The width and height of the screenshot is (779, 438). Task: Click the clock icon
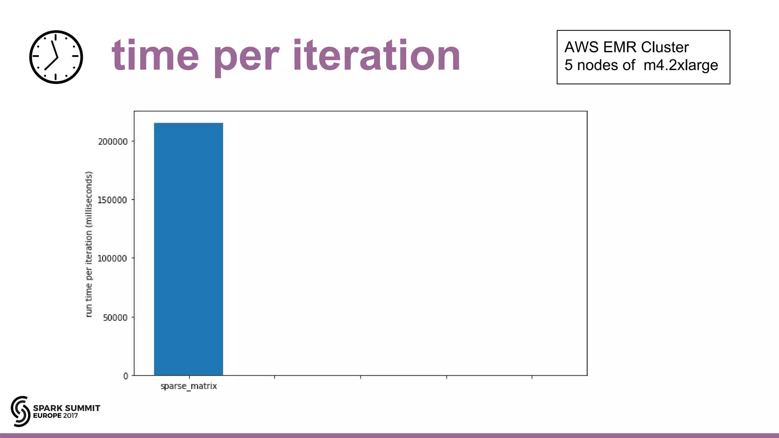pos(56,57)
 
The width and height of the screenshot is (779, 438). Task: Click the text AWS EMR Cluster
pos(626,47)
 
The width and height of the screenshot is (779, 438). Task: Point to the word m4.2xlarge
pos(680,65)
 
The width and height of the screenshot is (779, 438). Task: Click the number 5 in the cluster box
pos(568,65)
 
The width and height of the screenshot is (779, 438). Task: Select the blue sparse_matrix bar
pos(188,249)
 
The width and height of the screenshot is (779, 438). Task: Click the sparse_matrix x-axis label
pos(188,386)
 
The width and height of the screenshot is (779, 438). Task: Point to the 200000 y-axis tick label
pos(113,142)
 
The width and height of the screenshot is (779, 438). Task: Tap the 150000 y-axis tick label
pos(112,200)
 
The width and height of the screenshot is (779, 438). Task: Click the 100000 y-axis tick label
pos(112,259)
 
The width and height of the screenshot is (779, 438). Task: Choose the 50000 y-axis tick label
pos(115,318)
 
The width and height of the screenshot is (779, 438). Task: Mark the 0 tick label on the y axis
pos(126,376)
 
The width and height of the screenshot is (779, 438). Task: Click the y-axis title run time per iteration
pos(89,244)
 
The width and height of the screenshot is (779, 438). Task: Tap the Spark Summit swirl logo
pos(21,411)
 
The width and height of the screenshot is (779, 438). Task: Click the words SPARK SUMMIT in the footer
pos(67,408)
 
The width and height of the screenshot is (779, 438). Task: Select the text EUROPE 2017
pos(56,416)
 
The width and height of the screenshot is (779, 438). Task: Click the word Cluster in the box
pos(665,47)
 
